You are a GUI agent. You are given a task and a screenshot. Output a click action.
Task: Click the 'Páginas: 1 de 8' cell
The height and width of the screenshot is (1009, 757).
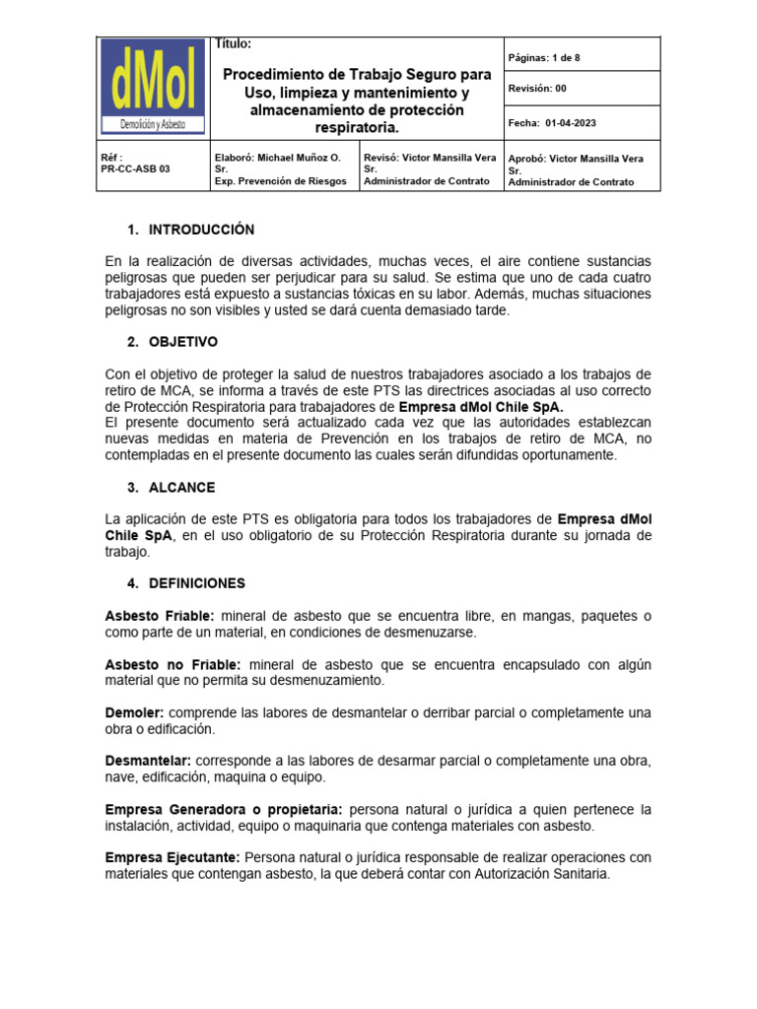click(543, 58)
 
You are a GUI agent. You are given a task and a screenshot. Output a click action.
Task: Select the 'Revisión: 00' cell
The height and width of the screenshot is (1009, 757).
click(537, 89)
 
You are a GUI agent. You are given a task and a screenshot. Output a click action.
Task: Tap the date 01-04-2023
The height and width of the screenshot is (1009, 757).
click(570, 123)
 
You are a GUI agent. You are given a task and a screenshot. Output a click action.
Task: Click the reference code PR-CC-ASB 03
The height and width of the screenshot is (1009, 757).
click(135, 168)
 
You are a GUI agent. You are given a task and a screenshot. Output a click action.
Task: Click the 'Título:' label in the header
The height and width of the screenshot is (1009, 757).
click(233, 44)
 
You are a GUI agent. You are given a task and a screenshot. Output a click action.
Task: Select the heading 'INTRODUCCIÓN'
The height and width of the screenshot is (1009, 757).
click(201, 230)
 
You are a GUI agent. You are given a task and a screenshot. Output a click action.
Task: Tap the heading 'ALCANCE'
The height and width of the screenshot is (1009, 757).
click(181, 488)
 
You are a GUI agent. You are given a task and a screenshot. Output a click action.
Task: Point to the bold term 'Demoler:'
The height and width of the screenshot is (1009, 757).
click(135, 712)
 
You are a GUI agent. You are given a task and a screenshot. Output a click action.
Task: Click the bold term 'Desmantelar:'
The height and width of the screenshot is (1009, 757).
click(148, 762)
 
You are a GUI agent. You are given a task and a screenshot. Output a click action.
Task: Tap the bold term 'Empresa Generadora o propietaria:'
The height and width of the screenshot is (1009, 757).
click(224, 810)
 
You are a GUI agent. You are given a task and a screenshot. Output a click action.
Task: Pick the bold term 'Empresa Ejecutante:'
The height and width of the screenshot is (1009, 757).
click(172, 857)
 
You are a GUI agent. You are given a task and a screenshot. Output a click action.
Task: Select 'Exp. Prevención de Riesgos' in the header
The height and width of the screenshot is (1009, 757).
click(280, 181)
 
